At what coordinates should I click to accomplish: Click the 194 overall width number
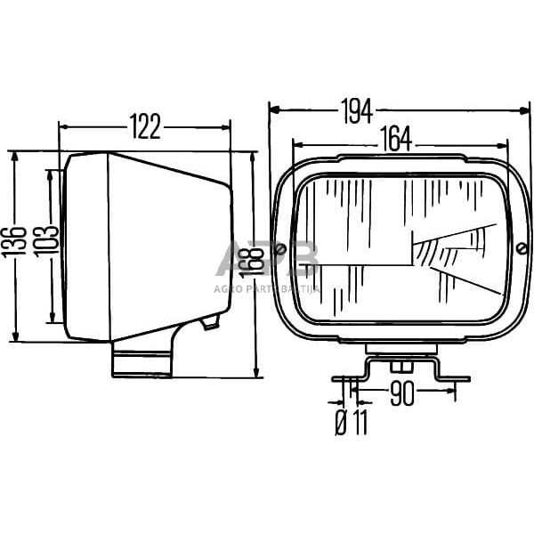356,110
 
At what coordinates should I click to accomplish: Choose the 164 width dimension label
397,139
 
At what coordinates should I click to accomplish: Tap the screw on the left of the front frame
281,249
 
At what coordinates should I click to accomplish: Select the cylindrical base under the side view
142,361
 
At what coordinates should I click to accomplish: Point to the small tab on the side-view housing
210,321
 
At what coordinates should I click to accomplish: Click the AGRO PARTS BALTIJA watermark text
267,287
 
